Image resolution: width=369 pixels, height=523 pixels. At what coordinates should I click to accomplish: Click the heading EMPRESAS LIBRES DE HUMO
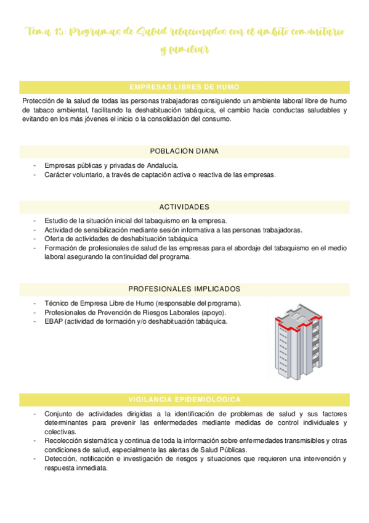[x=184, y=87]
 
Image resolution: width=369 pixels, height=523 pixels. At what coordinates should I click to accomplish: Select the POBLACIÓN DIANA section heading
[x=184, y=151]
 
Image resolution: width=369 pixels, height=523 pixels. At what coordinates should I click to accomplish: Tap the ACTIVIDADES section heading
[x=184, y=207]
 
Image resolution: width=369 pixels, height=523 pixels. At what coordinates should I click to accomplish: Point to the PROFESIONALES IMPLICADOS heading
[x=184, y=289]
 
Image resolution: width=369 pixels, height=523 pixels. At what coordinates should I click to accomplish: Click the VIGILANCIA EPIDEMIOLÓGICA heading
[x=184, y=382]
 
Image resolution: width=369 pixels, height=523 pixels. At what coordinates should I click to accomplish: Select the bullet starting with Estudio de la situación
[x=136, y=221]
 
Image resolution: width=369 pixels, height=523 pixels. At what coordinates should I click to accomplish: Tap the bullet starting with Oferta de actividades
[x=121, y=239]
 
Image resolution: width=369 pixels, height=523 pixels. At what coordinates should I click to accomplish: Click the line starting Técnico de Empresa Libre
[x=142, y=303]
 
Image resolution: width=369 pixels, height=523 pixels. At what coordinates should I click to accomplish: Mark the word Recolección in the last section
[x=64, y=441]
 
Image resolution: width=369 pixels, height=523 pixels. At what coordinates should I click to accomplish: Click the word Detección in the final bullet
[x=60, y=459]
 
